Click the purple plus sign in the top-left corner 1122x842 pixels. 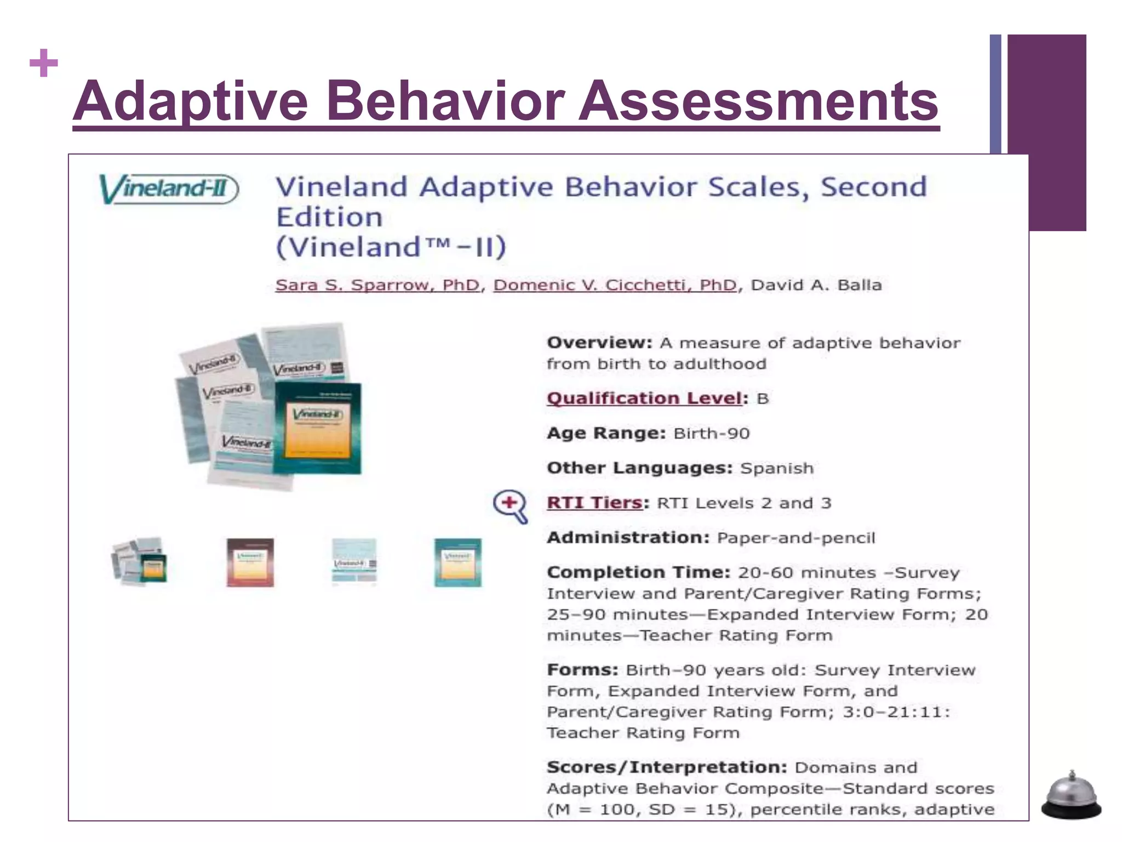[44, 63]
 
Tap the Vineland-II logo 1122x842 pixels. [168, 189]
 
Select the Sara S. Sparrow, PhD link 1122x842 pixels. [377, 285]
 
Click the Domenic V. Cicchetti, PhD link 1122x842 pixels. [615, 285]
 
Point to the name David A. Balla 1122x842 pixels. [816, 285]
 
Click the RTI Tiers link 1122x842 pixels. [594, 503]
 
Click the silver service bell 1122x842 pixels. [1071, 796]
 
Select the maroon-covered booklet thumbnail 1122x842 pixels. [250, 562]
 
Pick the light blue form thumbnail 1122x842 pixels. [354, 562]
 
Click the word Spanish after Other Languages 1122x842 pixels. [777, 468]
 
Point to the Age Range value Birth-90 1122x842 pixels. [711, 434]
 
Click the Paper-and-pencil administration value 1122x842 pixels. [796, 538]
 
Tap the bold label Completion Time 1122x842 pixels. [638, 572]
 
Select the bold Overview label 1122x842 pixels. [599, 343]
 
